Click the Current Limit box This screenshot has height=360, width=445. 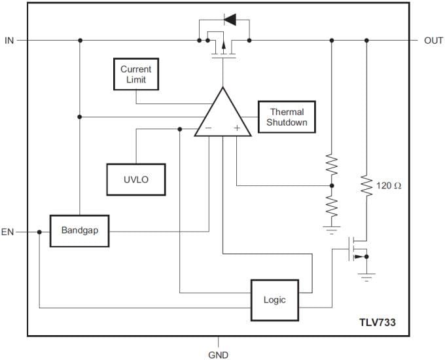tap(136, 75)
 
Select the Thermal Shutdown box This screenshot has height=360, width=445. tap(287, 117)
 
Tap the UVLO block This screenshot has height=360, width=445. tap(136, 179)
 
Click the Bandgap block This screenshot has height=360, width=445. tap(79, 230)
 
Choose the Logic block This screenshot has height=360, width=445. tap(275, 300)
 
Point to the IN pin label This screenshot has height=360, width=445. tap(9, 41)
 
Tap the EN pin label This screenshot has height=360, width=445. tap(9, 232)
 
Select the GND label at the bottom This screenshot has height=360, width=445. tap(219, 355)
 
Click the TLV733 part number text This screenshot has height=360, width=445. tap(376, 322)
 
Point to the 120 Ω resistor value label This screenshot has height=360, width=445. tap(389, 186)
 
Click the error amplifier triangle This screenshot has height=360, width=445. tap(223, 117)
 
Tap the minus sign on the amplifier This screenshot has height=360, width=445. tap(208, 128)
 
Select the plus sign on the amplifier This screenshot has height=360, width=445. tap(237, 128)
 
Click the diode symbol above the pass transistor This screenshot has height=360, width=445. tap(230, 20)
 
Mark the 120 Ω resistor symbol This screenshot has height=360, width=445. tap(366, 187)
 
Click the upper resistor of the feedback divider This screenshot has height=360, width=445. tap(332, 165)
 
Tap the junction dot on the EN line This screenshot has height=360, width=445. tap(39, 232)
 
